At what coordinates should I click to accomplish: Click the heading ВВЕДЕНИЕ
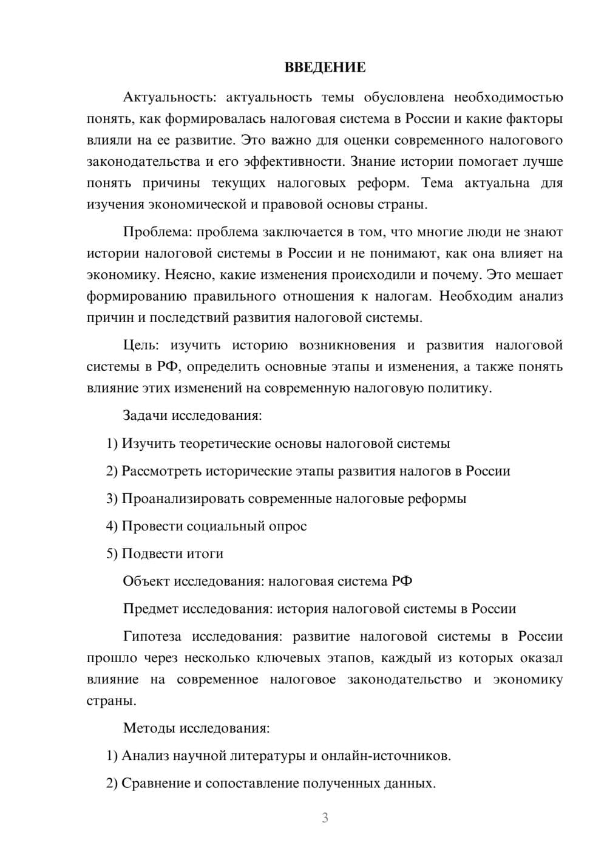pyautogui.click(x=325, y=67)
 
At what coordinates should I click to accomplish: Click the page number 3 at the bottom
pyautogui.click(x=325, y=818)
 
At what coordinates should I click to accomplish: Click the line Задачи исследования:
pyautogui.click(x=192, y=416)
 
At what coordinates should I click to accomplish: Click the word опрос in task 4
pyautogui.click(x=288, y=526)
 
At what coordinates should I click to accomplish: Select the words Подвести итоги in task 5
pyautogui.click(x=172, y=553)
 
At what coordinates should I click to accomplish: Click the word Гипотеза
pyautogui.click(x=152, y=637)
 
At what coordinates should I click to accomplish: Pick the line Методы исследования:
pyautogui.click(x=196, y=728)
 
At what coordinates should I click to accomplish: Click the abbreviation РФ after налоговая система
pyautogui.click(x=401, y=581)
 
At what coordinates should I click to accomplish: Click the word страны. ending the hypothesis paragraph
pyautogui.click(x=112, y=700)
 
